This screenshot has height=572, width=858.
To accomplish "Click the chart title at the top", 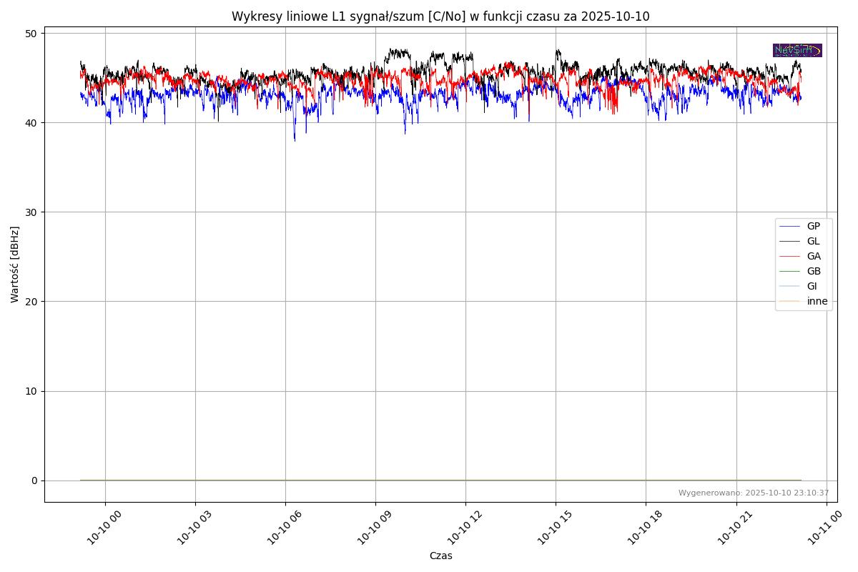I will click(440, 16).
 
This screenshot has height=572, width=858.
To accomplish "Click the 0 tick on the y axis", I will click(34, 480).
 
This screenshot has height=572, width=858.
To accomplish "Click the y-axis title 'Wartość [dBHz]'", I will click(15, 265).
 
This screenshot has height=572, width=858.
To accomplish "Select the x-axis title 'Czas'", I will click(440, 556).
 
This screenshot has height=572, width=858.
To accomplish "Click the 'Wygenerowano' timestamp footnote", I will click(754, 493).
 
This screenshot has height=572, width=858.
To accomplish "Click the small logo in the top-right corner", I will click(797, 50).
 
